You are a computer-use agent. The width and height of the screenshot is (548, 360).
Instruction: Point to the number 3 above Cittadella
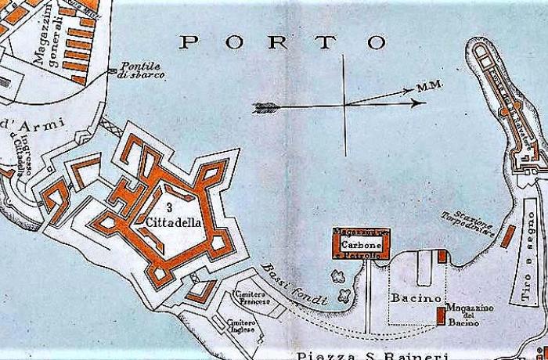click(170, 207)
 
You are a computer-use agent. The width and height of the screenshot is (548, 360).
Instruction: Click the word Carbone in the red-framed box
click(361, 243)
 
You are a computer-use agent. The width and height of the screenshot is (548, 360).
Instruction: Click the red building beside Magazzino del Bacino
click(441, 316)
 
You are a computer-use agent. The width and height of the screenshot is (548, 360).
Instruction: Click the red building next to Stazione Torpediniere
click(507, 236)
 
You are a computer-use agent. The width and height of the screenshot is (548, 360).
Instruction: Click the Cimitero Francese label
click(252, 297)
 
